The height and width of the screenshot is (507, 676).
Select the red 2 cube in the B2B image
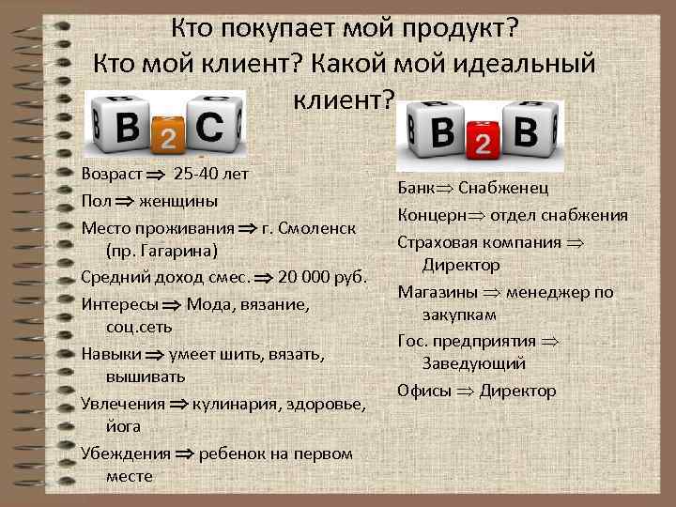[482, 142]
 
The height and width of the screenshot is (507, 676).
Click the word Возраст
[112, 175]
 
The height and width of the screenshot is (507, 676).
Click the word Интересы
[119, 303]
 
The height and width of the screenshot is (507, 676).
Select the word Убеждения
[126, 453]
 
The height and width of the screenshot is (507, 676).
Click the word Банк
[416, 188]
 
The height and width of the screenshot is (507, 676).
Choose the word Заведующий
[473, 363]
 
